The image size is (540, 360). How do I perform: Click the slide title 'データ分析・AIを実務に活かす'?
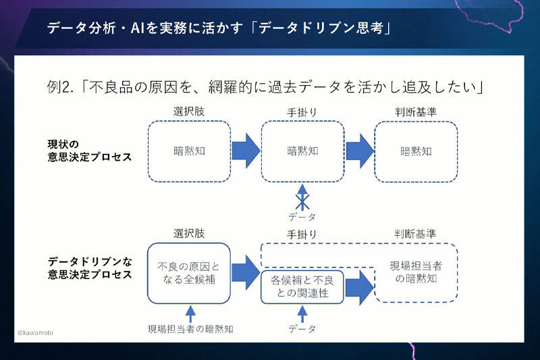pyautogui.click(x=145, y=28)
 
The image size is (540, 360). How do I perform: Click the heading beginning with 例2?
pyautogui.click(x=265, y=87)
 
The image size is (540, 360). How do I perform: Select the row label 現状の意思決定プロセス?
pyautogui.click(x=90, y=151)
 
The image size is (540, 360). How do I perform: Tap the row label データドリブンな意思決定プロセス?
pyautogui.click(x=90, y=268)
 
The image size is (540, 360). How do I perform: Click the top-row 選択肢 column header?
pyautogui.click(x=189, y=111)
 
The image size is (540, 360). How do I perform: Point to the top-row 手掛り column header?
pyautogui.click(x=302, y=112)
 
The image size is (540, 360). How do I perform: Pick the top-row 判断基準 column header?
pyautogui.click(x=416, y=112)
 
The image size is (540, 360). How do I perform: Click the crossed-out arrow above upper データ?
pyautogui.click(x=302, y=197)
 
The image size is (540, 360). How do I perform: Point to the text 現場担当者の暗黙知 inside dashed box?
pyautogui.click(x=416, y=272)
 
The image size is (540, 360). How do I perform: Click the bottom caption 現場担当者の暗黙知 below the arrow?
pyautogui.click(x=190, y=330)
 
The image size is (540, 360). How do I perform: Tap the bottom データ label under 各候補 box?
pyautogui.click(x=302, y=329)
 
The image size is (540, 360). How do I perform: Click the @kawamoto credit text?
pyautogui.click(x=36, y=333)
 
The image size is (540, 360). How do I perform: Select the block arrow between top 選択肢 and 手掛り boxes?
pyautogui.click(x=246, y=151)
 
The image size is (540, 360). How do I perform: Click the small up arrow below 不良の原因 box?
pyautogui.click(x=190, y=313)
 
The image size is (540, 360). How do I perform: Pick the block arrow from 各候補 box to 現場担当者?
pyautogui.click(x=360, y=287)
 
